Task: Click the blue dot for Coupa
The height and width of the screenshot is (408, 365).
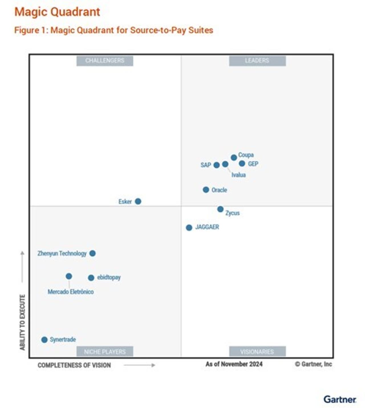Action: point(234,157)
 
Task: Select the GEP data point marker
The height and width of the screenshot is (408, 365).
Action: point(242,164)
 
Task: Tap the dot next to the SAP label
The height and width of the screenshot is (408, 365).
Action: point(216,165)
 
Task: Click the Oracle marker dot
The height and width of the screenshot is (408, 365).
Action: point(206,190)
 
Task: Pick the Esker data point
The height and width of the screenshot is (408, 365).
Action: point(138,201)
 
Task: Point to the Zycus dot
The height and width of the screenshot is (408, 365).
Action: point(220,209)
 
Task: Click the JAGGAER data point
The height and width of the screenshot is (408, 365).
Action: point(189,228)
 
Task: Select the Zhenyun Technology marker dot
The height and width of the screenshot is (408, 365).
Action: point(92,253)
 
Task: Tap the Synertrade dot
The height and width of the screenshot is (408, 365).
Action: point(44,340)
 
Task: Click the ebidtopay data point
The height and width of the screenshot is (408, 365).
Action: point(91,278)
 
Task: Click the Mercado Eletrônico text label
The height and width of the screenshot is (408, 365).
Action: point(71,292)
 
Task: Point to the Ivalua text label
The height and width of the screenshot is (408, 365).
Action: point(238,175)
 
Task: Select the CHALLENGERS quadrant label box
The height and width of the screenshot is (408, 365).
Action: point(105,61)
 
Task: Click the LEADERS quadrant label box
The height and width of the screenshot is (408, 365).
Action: point(257,61)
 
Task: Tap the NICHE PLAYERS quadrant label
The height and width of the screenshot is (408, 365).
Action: point(105,352)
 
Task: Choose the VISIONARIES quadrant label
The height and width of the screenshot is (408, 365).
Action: point(257,352)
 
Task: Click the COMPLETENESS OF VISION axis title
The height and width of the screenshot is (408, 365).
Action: point(74,365)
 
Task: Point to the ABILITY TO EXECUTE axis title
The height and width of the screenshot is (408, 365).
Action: point(23,322)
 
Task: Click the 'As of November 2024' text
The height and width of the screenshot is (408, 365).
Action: point(234,364)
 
